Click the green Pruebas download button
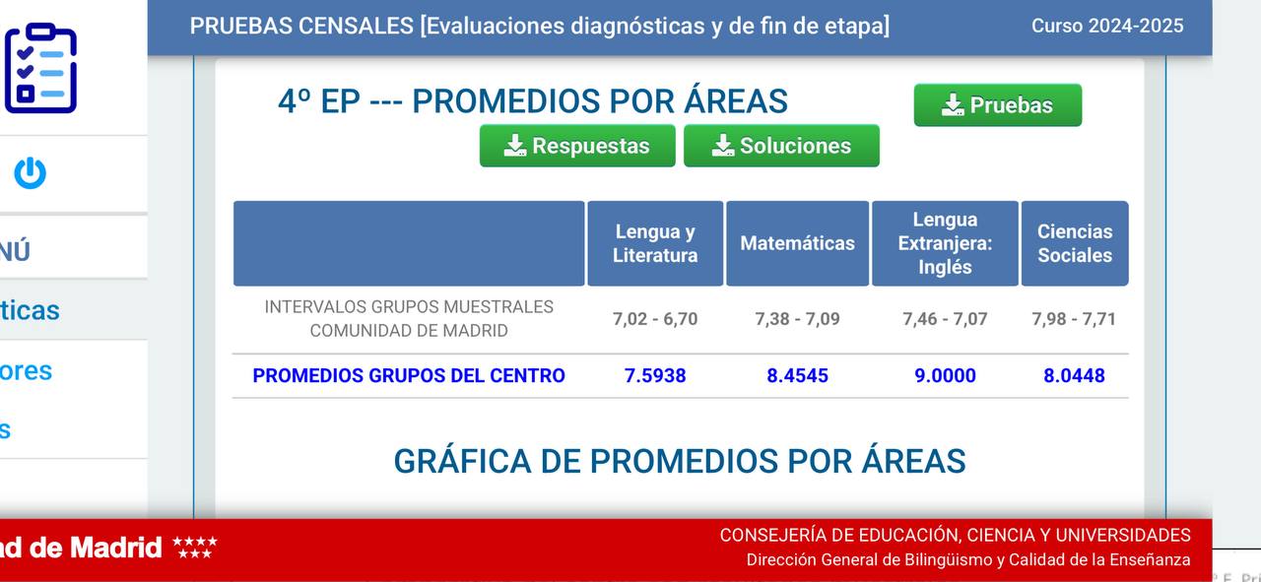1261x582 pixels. [x=998, y=105]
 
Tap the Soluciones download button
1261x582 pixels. [x=781, y=146]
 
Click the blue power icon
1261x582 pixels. [x=30, y=172]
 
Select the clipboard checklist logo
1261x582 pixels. [x=40, y=68]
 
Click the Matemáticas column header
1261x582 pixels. [x=797, y=243]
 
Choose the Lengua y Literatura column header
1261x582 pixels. [x=655, y=243]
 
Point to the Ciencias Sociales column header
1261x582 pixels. [x=1075, y=243]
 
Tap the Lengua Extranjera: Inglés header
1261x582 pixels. [x=945, y=243]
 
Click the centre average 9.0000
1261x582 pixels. [x=945, y=375]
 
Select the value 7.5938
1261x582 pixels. [x=655, y=375]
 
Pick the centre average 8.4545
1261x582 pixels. [x=797, y=375]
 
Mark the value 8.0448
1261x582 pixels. [x=1074, y=375]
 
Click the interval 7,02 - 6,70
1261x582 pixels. [x=655, y=319]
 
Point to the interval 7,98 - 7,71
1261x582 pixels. [x=1074, y=319]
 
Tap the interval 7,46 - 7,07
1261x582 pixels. [x=945, y=319]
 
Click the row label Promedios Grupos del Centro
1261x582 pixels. [x=409, y=375]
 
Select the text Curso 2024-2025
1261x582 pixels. [x=1107, y=26]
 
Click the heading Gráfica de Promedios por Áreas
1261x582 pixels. [x=680, y=461]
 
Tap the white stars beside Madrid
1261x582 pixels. [x=195, y=547]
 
